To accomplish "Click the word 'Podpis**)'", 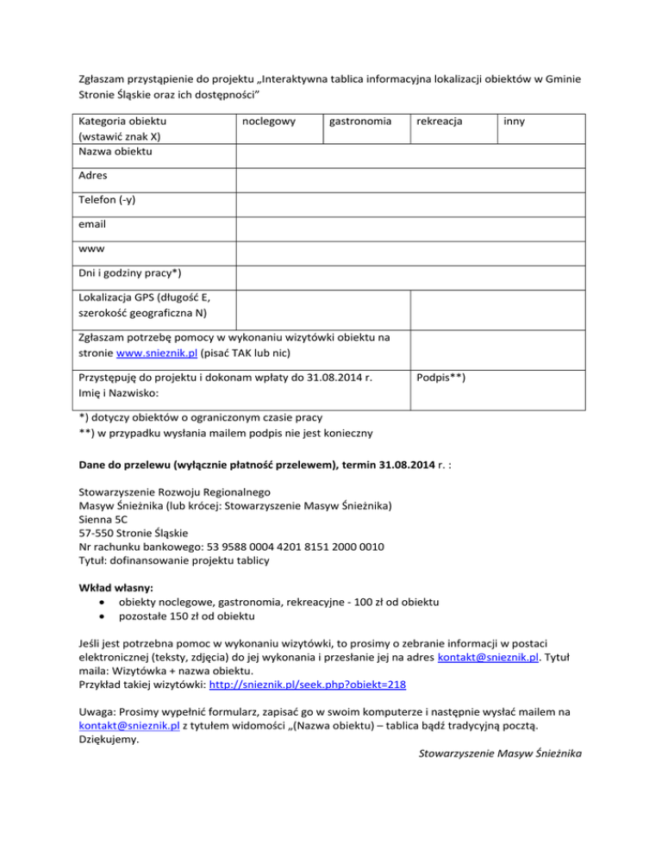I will coord(441,378).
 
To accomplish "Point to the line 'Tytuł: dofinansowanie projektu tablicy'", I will coord(173,560).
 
